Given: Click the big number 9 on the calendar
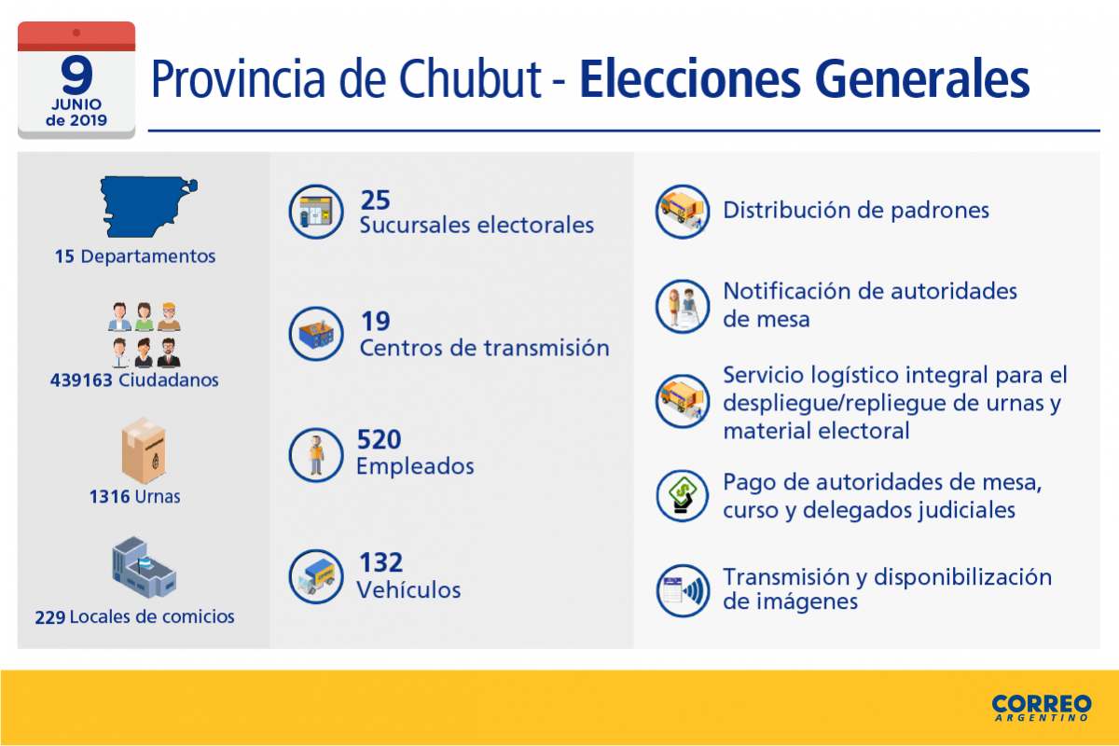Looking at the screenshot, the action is point(76,75).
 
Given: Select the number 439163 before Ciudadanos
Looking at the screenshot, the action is point(81,380).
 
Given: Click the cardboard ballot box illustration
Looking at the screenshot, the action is point(144,450).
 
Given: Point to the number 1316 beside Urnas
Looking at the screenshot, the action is point(109,497).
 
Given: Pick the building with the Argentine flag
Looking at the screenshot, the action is point(144,567).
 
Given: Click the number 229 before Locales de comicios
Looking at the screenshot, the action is point(50,617).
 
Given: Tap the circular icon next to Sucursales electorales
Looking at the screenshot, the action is point(316,212).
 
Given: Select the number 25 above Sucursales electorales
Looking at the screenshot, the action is point(375,200).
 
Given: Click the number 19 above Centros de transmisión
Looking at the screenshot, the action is point(375,322).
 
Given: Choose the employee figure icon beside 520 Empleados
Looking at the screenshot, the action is point(316,455).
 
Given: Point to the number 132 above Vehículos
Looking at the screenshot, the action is point(380,562).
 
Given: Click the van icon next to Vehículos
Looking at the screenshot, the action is point(316,576).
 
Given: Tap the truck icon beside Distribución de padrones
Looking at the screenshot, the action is point(683,212).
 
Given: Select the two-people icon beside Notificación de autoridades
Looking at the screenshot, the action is point(683,306).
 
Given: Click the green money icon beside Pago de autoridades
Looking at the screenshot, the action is point(683,496).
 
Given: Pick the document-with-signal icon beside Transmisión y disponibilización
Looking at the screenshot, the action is point(683,590).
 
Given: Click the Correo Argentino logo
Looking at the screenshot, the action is point(1042,708).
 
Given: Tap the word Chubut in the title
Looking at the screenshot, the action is point(470,79).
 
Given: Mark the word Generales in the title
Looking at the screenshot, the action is point(922,79).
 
